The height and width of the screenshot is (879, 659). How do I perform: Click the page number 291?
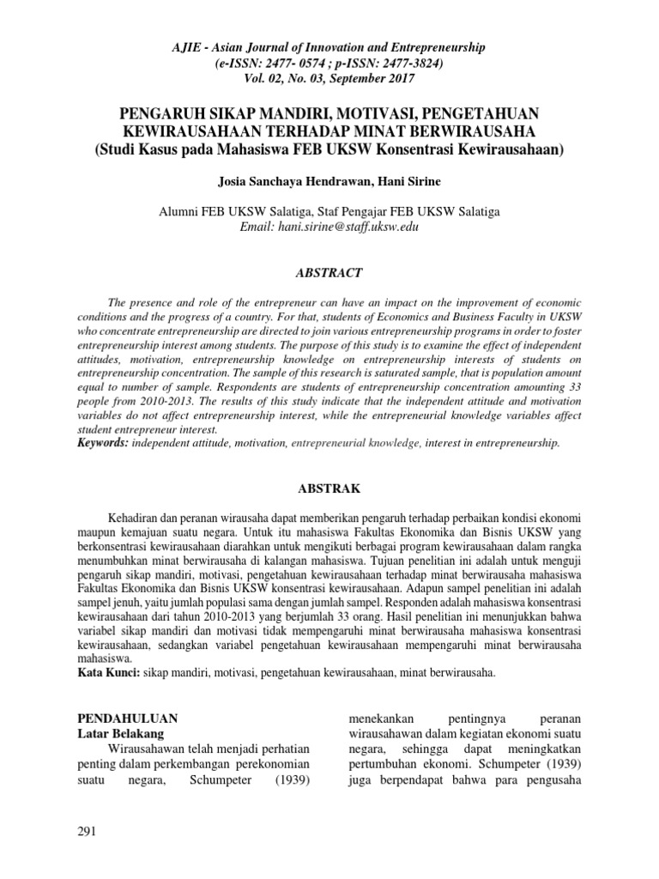88,832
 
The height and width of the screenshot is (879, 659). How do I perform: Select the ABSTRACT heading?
329,273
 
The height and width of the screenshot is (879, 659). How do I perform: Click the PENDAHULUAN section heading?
128,717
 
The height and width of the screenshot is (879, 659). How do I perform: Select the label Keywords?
104,443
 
